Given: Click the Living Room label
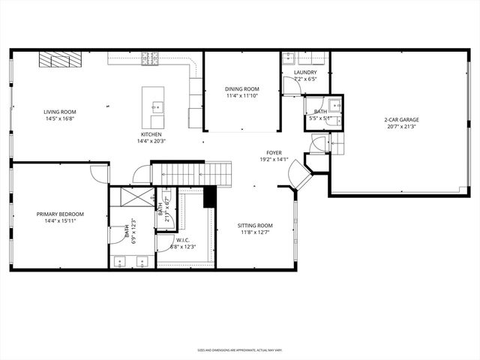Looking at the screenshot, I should (x=59, y=112).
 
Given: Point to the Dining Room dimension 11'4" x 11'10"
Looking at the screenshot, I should (x=241, y=96).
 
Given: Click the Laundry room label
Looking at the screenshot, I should (x=305, y=72).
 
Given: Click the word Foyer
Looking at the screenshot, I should (x=274, y=152).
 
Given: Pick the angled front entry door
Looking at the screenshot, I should (x=300, y=175).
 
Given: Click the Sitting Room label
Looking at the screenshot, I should (x=255, y=225).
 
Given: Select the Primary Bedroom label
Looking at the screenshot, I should (x=60, y=214).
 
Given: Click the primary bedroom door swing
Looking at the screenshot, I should (x=98, y=172).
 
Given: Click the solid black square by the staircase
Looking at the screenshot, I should (x=210, y=196).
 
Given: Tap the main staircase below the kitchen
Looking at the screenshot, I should (x=190, y=174).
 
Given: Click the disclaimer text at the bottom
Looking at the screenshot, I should (x=239, y=349).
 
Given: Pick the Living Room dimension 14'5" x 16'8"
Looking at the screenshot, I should (x=59, y=118).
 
